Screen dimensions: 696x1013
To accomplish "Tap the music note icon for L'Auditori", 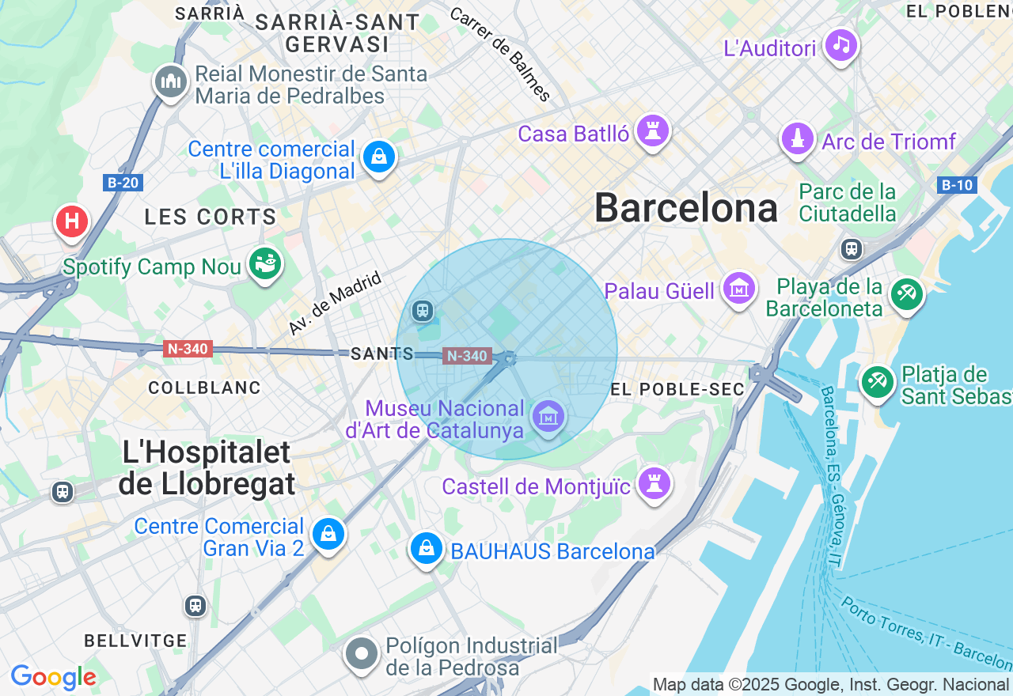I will pyautogui.click(x=840, y=45).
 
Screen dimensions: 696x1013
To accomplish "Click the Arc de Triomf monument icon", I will pyautogui.click(x=798, y=139).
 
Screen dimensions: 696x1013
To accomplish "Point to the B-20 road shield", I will pyautogui.click(x=123, y=183).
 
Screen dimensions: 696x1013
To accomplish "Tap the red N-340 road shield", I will pyautogui.click(x=188, y=349).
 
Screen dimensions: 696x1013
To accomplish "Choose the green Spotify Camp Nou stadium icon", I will pyautogui.click(x=265, y=263).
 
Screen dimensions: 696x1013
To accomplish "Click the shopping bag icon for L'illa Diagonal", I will pyautogui.click(x=379, y=157).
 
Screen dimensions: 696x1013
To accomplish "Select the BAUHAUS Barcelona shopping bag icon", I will pyautogui.click(x=426, y=547).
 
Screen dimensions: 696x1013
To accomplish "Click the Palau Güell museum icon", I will pyautogui.click(x=738, y=289).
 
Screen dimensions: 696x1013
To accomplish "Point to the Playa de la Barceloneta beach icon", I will pyautogui.click(x=906, y=294).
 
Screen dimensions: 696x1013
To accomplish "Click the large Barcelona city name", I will pyautogui.click(x=686, y=209).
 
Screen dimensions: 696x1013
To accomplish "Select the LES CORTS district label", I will pyautogui.click(x=211, y=217).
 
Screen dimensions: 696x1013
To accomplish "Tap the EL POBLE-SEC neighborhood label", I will pyautogui.click(x=678, y=389).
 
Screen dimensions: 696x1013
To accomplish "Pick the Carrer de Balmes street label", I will pyautogui.click(x=499, y=55).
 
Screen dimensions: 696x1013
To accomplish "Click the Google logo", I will pyautogui.click(x=53, y=677).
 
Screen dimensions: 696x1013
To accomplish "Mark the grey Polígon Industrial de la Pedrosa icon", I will pyautogui.click(x=362, y=654).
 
